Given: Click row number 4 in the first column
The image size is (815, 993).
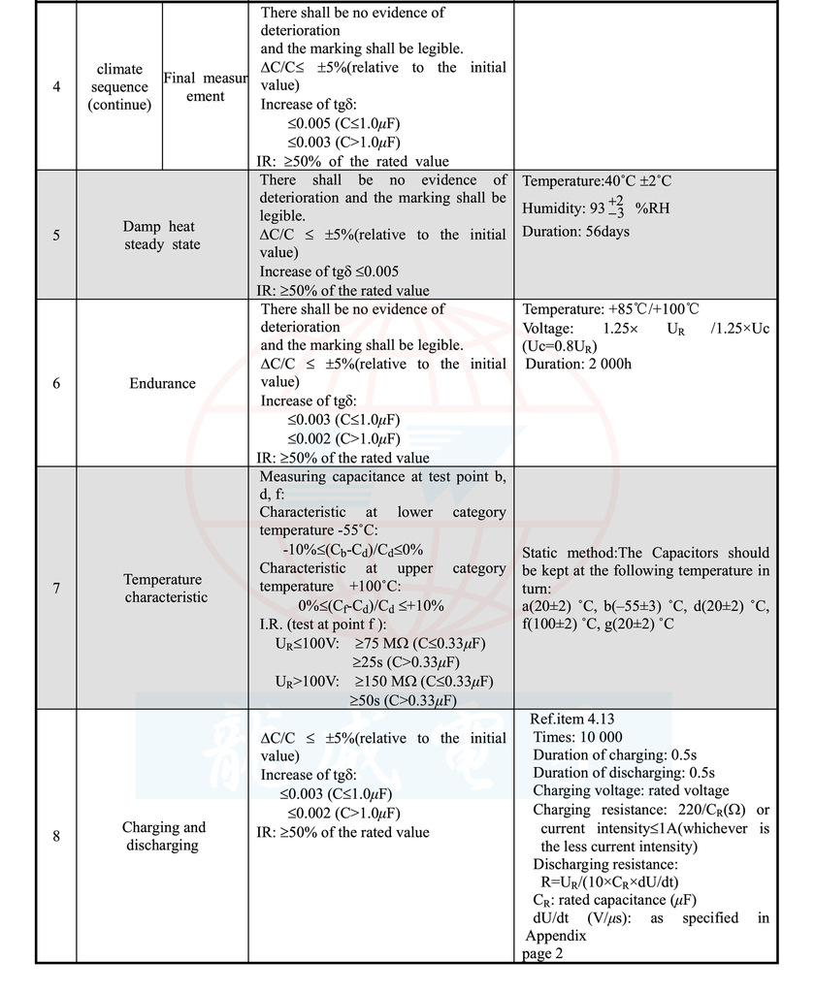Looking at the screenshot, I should [56, 87].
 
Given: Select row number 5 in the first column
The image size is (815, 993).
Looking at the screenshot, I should [56, 236].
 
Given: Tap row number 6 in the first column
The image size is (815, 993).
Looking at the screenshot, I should [56, 383].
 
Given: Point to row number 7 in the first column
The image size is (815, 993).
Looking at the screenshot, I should [56, 588].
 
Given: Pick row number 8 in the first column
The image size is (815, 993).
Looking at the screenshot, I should [56, 836].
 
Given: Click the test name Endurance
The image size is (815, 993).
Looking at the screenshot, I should [162, 383].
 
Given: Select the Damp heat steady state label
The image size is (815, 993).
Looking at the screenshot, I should [162, 236].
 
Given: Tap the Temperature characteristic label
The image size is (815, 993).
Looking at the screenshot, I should [162, 588].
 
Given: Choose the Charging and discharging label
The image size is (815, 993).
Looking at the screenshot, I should [163, 836].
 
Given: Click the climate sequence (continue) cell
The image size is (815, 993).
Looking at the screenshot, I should [119, 87].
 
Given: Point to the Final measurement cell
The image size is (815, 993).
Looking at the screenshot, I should [205, 86].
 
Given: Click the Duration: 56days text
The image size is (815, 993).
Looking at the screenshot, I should [575, 232].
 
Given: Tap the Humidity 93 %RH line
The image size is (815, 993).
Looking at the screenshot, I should [596, 208].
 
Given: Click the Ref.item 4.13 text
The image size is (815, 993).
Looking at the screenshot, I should [572, 719].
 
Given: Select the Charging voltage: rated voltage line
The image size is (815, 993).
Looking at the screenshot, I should [630, 791].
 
